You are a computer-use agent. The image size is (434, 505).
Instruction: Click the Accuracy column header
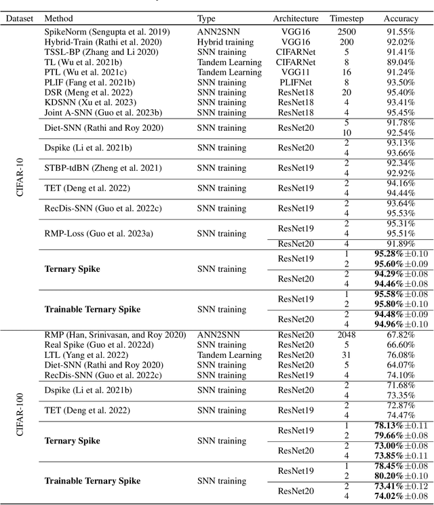coord(401,18)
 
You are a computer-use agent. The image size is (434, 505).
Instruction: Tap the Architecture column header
coord(296,18)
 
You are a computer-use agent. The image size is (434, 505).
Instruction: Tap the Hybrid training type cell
coord(226,42)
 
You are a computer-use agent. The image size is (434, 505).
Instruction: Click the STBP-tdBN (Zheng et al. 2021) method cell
coord(99,168)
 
